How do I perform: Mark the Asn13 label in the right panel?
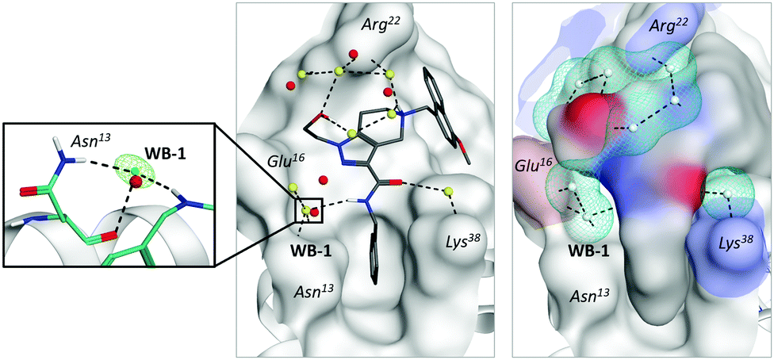[x=592, y=295]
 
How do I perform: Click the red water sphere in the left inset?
[x=136, y=183]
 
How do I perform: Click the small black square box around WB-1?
[x=308, y=211]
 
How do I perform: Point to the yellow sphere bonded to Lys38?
[x=449, y=190]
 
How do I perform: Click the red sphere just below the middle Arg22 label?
[x=353, y=55]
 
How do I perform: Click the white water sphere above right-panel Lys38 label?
[x=728, y=193]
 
